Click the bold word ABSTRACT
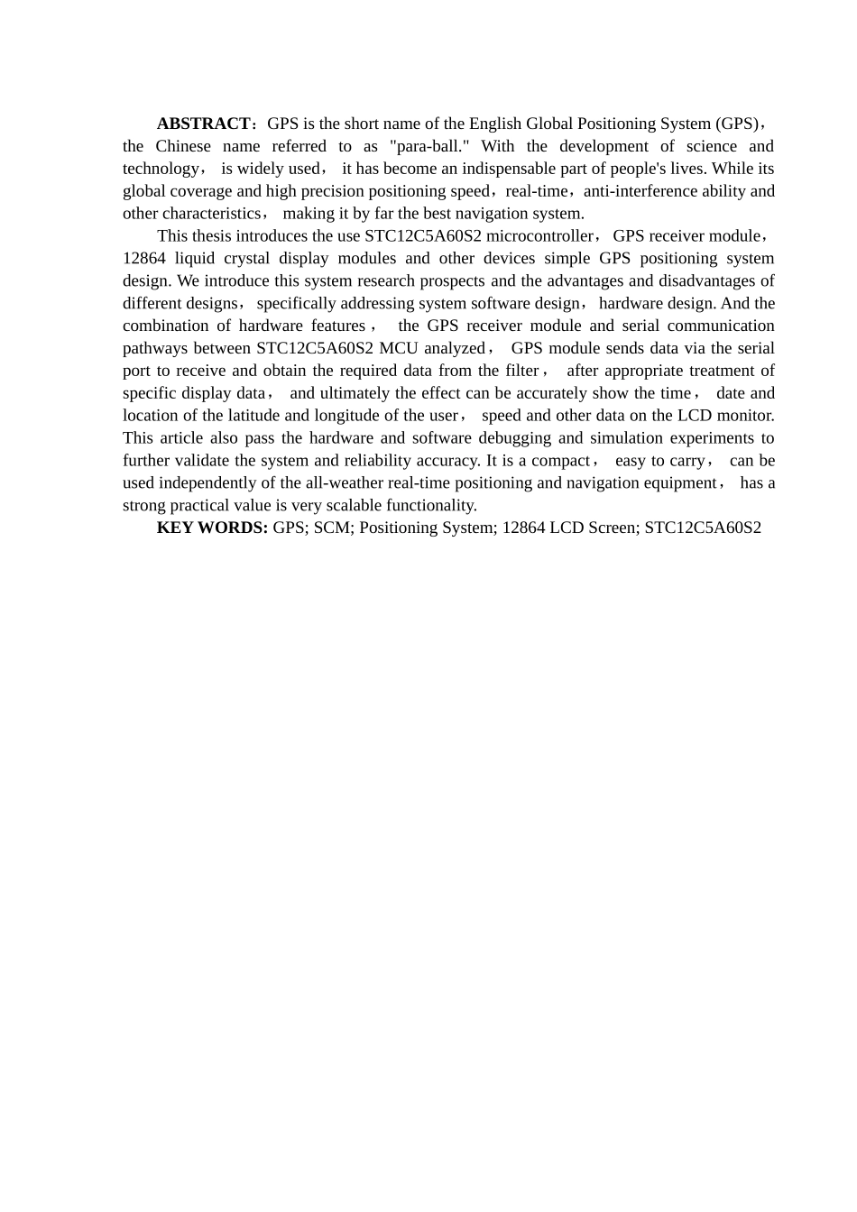click(x=203, y=124)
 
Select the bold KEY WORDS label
click(x=212, y=528)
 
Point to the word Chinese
click(x=183, y=146)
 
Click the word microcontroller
click(x=539, y=236)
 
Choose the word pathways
click(x=155, y=348)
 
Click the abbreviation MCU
click(x=398, y=348)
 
